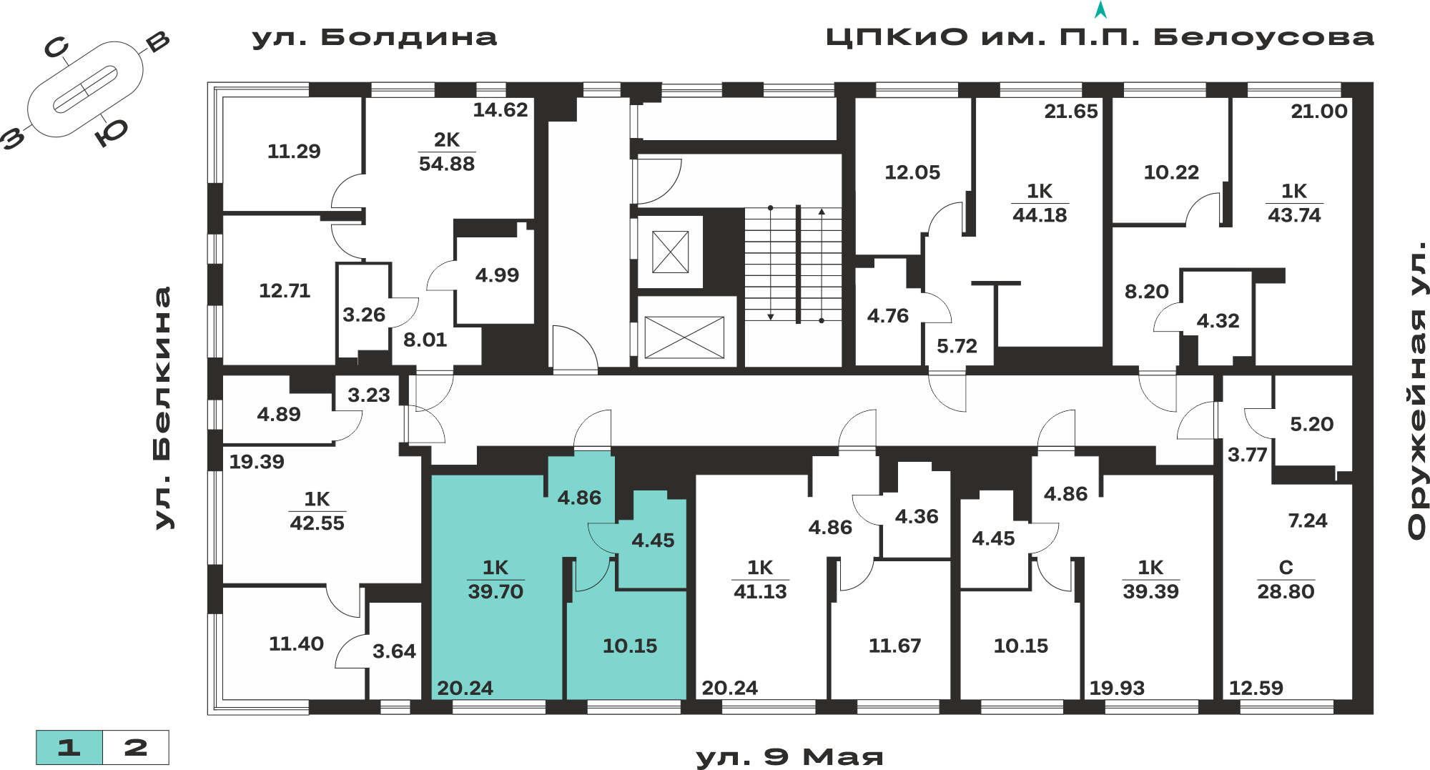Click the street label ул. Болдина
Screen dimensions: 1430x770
click(x=374, y=38)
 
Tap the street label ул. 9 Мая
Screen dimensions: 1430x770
click(x=789, y=757)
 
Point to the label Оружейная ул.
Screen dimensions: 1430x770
click(x=1416, y=390)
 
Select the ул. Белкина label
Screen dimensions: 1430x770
click(x=163, y=408)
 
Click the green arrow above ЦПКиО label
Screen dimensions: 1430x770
click(x=1100, y=10)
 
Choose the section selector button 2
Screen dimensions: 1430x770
click(x=136, y=748)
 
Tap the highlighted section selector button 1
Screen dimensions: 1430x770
click(x=69, y=748)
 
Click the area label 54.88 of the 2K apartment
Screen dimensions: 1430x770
click(x=447, y=164)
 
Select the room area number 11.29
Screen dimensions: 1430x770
click(x=294, y=152)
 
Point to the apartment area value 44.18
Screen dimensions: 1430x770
click(x=1040, y=215)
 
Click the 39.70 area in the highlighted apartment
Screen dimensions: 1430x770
click(x=495, y=591)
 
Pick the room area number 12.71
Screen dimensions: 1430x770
click(x=285, y=291)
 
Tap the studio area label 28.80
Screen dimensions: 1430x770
click(x=1286, y=591)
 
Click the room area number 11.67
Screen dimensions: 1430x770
click(x=894, y=646)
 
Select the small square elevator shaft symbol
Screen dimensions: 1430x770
click(x=671, y=252)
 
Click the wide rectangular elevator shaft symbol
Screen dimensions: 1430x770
click(x=684, y=337)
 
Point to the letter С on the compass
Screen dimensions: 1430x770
click(x=56, y=48)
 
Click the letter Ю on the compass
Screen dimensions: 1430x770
click(x=112, y=132)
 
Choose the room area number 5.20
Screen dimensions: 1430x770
click(x=1311, y=424)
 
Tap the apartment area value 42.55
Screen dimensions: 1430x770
click(x=317, y=523)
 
